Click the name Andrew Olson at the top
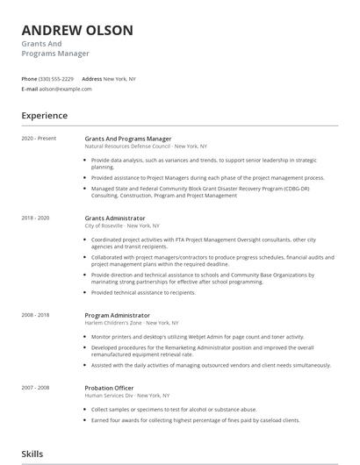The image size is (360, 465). pyautogui.click(x=78, y=31)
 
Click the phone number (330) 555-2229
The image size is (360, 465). pyautogui.click(x=56, y=79)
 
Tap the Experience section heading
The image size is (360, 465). pyautogui.click(x=45, y=115)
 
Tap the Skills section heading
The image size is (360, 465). pyautogui.click(x=33, y=454)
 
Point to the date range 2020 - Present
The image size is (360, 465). pyautogui.click(x=39, y=139)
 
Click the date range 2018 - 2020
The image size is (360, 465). pyautogui.click(x=36, y=218)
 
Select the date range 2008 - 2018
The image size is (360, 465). pyautogui.click(x=36, y=314)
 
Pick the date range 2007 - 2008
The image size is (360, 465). pyautogui.click(x=36, y=386)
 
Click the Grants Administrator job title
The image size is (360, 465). pyautogui.click(x=115, y=218)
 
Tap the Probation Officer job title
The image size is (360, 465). pyautogui.click(x=110, y=386)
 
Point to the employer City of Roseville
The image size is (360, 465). pyautogui.click(x=107, y=225)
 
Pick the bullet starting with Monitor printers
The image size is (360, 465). pyautogui.click(x=198, y=336)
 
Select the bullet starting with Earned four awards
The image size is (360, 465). pyautogui.click(x=196, y=419)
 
